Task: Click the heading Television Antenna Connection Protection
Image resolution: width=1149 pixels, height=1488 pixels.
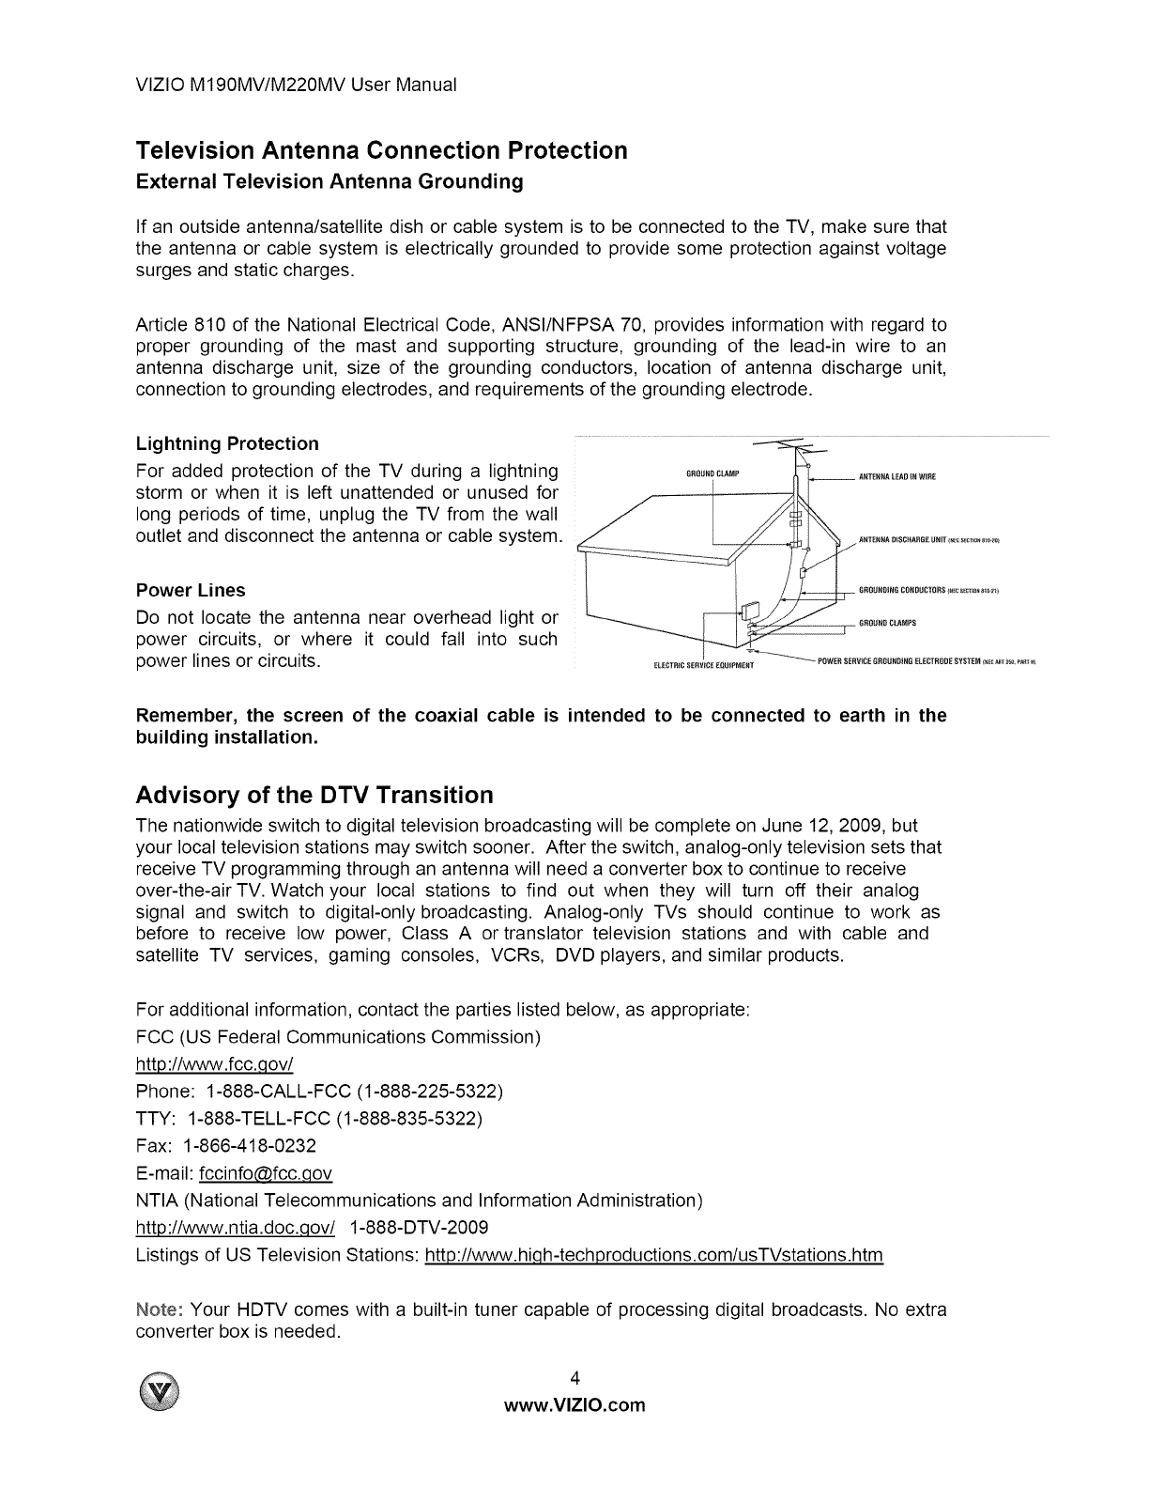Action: point(381,150)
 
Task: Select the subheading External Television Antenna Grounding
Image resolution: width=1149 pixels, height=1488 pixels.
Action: point(329,181)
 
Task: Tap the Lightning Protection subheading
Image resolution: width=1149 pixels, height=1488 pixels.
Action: point(227,443)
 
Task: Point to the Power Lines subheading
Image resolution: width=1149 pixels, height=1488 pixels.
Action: point(191,590)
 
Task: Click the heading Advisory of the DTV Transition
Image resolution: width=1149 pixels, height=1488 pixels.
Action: point(314,796)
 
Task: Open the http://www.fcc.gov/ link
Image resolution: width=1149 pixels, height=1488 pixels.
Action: point(216,1064)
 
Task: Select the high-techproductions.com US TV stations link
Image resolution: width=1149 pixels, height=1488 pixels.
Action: point(654,1256)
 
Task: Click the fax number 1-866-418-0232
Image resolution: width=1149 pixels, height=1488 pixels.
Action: point(250,1146)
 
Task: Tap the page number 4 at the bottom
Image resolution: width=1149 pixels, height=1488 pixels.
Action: point(574,1379)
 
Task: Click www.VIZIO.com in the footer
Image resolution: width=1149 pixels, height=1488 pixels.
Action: point(575,1406)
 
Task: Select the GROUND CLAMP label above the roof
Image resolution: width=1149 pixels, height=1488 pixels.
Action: point(716,473)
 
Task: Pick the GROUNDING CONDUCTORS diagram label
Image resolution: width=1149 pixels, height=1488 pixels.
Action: point(902,591)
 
